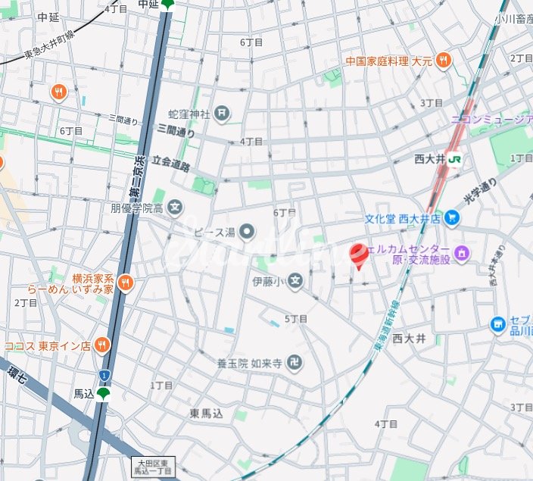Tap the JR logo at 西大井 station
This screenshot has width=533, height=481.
(x=455, y=159)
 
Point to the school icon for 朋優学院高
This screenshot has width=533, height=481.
(x=176, y=207)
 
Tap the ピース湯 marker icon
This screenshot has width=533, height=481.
(x=247, y=231)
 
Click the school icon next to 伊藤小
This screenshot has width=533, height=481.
(x=295, y=283)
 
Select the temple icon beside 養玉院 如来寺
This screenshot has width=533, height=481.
(x=295, y=364)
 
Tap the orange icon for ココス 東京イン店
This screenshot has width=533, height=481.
(x=101, y=345)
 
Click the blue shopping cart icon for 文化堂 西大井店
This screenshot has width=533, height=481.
(x=452, y=219)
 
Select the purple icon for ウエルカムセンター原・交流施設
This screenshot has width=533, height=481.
(x=462, y=251)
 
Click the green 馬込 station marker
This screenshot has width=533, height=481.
(x=103, y=393)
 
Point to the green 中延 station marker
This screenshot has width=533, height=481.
(x=167, y=5)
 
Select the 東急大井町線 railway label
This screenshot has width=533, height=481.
(x=50, y=45)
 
